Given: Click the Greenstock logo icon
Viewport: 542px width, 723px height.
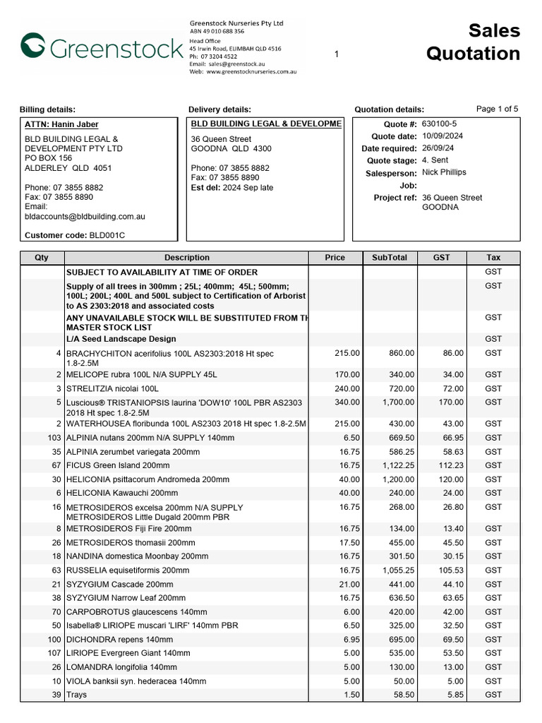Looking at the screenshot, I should pyautogui.click(x=32, y=46).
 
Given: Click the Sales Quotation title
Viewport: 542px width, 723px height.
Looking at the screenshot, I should pyautogui.click(x=473, y=42).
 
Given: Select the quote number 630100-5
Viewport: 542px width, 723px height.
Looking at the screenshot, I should pyautogui.click(x=439, y=124).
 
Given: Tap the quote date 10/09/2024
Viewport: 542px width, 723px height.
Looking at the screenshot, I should pyautogui.click(x=443, y=136).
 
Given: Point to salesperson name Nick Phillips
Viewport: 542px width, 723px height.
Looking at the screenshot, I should pyautogui.click(x=444, y=172).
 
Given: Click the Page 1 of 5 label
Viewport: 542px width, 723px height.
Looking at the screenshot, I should pyautogui.click(x=497, y=109).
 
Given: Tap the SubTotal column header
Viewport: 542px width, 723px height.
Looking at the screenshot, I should pyautogui.click(x=390, y=258).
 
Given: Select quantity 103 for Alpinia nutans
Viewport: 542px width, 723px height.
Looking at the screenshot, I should pyautogui.click(x=54, y=438).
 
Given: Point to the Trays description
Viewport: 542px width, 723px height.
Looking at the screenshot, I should pyautogui.click(x=76, y=695).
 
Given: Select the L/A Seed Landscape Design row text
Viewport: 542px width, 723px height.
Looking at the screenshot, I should pyautogui.click(x=121, y=339).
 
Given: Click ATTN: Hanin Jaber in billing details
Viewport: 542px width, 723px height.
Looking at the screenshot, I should pyautogui.click(x=61, y=125).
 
